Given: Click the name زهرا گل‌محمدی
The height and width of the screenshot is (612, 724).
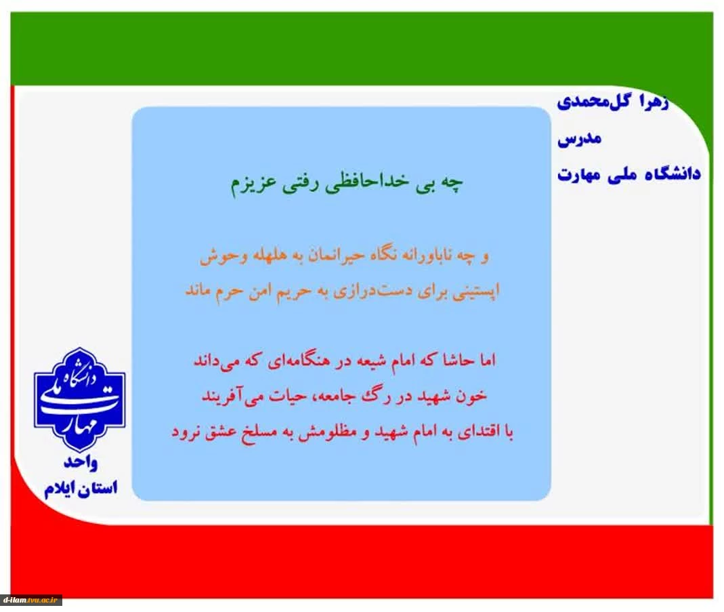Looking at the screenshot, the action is coord(612,102).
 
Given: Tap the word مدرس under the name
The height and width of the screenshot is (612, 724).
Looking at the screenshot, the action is coord(580,139).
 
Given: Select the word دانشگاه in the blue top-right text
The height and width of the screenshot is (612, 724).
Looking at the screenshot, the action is coord(674,174).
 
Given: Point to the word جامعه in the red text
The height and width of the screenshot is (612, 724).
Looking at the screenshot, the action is coord(327,396).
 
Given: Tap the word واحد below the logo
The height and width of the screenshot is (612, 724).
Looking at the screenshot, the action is coord(81,462).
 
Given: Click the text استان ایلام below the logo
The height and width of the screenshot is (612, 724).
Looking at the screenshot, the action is coord(81,488).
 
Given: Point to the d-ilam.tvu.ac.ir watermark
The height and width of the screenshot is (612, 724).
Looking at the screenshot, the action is coord(31,600).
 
